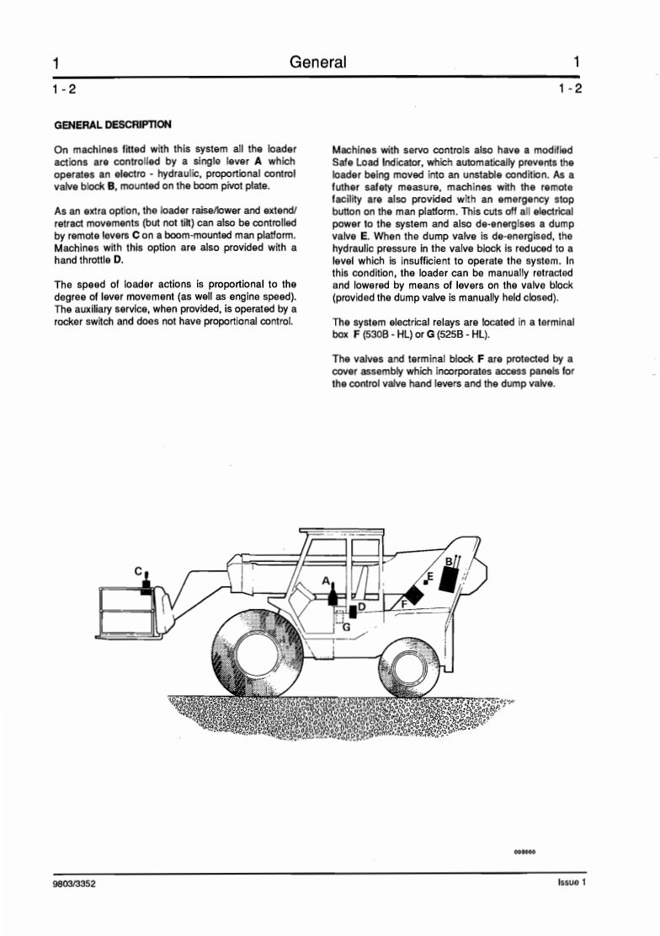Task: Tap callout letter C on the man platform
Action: pos(138,571)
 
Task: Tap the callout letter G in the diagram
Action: pos(346,627)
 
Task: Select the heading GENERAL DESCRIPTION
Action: pos(112,125)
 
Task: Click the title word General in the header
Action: pos(317,62)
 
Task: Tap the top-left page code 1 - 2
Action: pos(65,88)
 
